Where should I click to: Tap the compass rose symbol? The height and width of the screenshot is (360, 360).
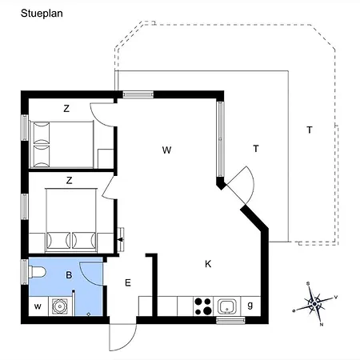tap(317, 302)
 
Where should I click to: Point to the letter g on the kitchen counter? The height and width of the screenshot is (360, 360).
tap(250, 305)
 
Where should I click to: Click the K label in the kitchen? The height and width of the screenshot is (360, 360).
tap(208, 264)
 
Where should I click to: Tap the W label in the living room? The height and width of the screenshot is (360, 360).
tap(166, 150)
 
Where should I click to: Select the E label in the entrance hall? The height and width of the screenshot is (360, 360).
tap(127, 282)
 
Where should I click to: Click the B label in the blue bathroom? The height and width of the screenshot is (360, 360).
tap(69, 274)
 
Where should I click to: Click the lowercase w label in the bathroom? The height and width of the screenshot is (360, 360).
tap(37, 306)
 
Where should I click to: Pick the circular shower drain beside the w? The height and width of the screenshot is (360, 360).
tap(58, 305)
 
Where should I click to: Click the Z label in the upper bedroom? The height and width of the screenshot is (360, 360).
tap(66, 108)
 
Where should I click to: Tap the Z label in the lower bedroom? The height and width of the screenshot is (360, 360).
tap(70, 181)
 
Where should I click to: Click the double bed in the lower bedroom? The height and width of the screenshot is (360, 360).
tap(72, 218)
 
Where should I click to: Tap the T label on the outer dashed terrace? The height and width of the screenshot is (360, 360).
tap(309, 129)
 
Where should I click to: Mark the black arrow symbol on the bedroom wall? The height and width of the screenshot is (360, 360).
tap(120, 238)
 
